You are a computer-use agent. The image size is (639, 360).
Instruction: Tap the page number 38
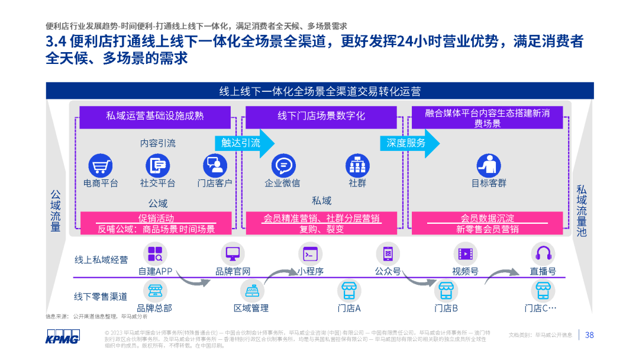pos(589,335)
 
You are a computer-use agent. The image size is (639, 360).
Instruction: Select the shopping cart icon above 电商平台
pos(100,165)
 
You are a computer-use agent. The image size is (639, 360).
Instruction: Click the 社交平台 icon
pos(157,165)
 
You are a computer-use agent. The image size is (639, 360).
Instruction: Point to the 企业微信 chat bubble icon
pos(283,165)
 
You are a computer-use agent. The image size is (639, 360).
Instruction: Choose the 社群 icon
pos(357,165)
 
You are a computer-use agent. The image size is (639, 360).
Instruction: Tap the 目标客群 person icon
pos(489,165)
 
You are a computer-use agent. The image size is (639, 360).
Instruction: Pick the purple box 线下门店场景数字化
pos(321,116)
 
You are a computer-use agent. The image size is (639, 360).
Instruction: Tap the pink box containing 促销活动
pos(156,223)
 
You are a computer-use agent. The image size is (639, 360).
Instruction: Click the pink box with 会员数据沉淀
pos(487,223)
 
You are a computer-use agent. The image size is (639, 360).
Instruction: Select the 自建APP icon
pos(155,254)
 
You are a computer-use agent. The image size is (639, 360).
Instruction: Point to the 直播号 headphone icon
pos(542,254)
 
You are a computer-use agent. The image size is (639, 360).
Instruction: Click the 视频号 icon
pos(465,254)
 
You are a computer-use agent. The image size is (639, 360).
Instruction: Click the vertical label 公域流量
pos(56,211)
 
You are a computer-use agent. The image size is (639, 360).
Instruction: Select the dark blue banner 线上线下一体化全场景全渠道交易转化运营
pos(319,91)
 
